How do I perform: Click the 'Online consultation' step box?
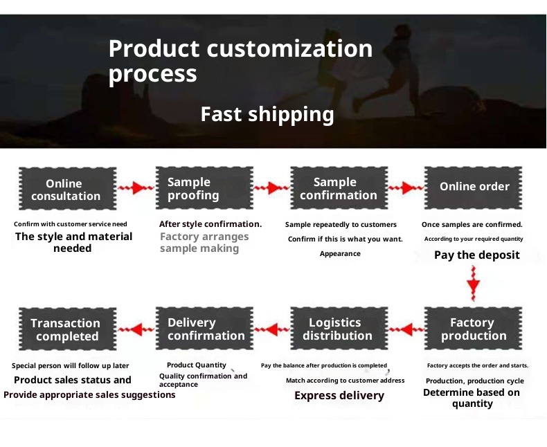66,189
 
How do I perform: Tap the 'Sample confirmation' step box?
336,188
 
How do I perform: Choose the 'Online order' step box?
474,187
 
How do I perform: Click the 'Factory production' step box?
474,329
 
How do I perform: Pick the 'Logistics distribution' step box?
337,329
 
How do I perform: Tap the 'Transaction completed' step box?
66,329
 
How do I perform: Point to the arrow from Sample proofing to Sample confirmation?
271,188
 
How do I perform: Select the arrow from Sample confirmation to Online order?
405,188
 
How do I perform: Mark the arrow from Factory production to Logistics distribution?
405,329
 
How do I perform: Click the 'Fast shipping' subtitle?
267,114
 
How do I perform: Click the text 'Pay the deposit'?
476,255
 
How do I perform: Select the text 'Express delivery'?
339,395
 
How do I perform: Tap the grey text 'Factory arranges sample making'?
204,242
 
